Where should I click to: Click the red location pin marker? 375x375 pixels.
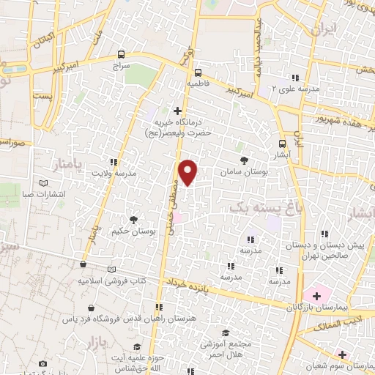[189, 172]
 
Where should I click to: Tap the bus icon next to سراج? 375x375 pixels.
[122, 55]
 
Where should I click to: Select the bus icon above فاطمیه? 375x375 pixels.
[198, 73]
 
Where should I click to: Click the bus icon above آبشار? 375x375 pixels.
[283, 144]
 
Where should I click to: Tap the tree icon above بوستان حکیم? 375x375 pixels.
[133, 219]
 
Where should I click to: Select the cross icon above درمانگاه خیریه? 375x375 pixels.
[177, 111]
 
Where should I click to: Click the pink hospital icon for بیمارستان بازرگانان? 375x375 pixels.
[316, 295]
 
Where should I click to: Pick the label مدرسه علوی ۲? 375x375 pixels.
[294, 89]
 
